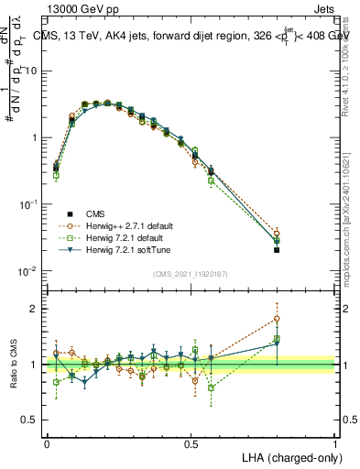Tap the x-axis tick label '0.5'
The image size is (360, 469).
click(191, 443)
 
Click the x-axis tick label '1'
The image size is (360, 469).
click(335, 443)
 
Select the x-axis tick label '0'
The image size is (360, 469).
click(47, 443)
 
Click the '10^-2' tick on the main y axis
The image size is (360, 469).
click(30, 271)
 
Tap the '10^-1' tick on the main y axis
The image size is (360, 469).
click(30, 204)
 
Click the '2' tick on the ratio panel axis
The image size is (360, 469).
click(36, 309)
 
